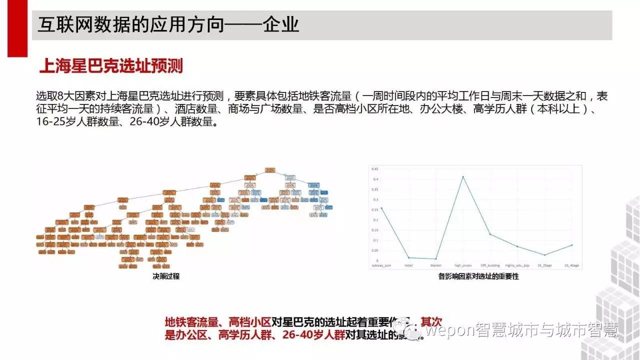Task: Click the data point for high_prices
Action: point(463,176)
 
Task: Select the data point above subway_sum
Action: point(381,208)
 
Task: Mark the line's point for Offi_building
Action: point(490,234)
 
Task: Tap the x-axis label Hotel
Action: point(408,265)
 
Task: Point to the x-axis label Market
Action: point(436,265)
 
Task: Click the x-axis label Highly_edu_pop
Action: point(517,265)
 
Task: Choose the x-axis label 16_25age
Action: point(544,265)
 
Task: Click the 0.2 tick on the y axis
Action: point(374,219)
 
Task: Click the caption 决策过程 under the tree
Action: point(166,275)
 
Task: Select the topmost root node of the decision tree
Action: point(270,170)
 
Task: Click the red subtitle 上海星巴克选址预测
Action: point(110,66)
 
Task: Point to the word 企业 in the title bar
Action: point(281,24)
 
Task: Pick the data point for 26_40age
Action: point(571,245)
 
